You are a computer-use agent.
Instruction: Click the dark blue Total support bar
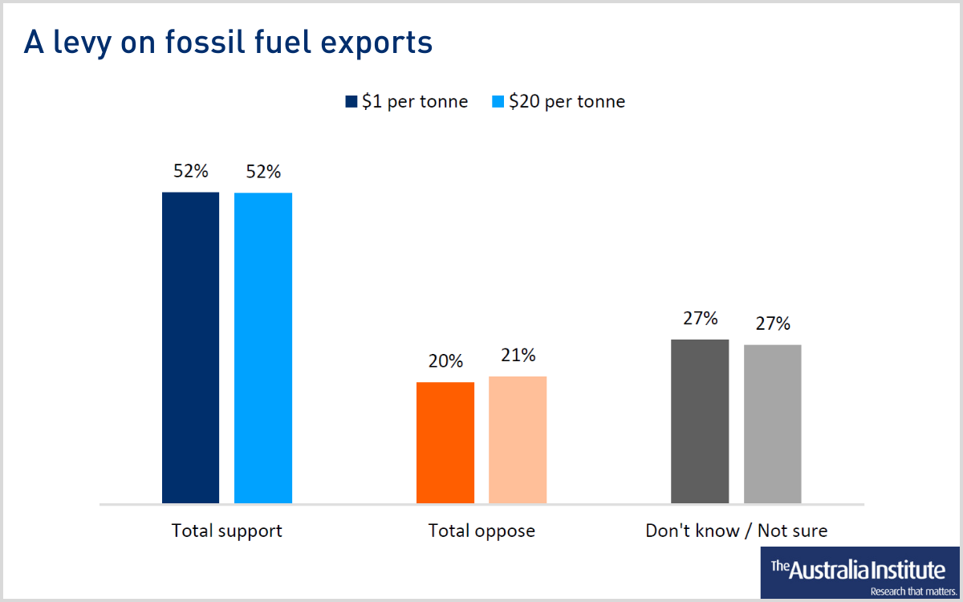point(190,348)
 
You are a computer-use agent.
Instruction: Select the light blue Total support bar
point(263,348)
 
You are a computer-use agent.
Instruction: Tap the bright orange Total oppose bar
point(445,442)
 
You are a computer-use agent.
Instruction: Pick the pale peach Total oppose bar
point(518,440)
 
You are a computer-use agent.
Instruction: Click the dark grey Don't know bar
point(700,421)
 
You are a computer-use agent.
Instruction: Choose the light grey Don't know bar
point(772,424)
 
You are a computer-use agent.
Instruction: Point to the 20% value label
point(445,361)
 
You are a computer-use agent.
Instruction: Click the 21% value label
point(518,356)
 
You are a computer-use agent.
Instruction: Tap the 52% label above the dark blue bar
point(190,171)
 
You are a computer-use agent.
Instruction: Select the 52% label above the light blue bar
point(263,172)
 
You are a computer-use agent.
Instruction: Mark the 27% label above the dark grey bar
point(700,319)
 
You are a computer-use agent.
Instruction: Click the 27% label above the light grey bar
point(772,323)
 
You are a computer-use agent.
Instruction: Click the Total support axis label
point(227,531)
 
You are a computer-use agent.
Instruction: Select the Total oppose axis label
point(481,531)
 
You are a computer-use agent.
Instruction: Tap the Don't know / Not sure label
point(736,531)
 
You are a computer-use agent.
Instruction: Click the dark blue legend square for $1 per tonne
point(351,102)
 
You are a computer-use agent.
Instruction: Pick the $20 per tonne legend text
point(567,102)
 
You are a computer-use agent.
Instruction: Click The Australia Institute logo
point(859,573)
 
